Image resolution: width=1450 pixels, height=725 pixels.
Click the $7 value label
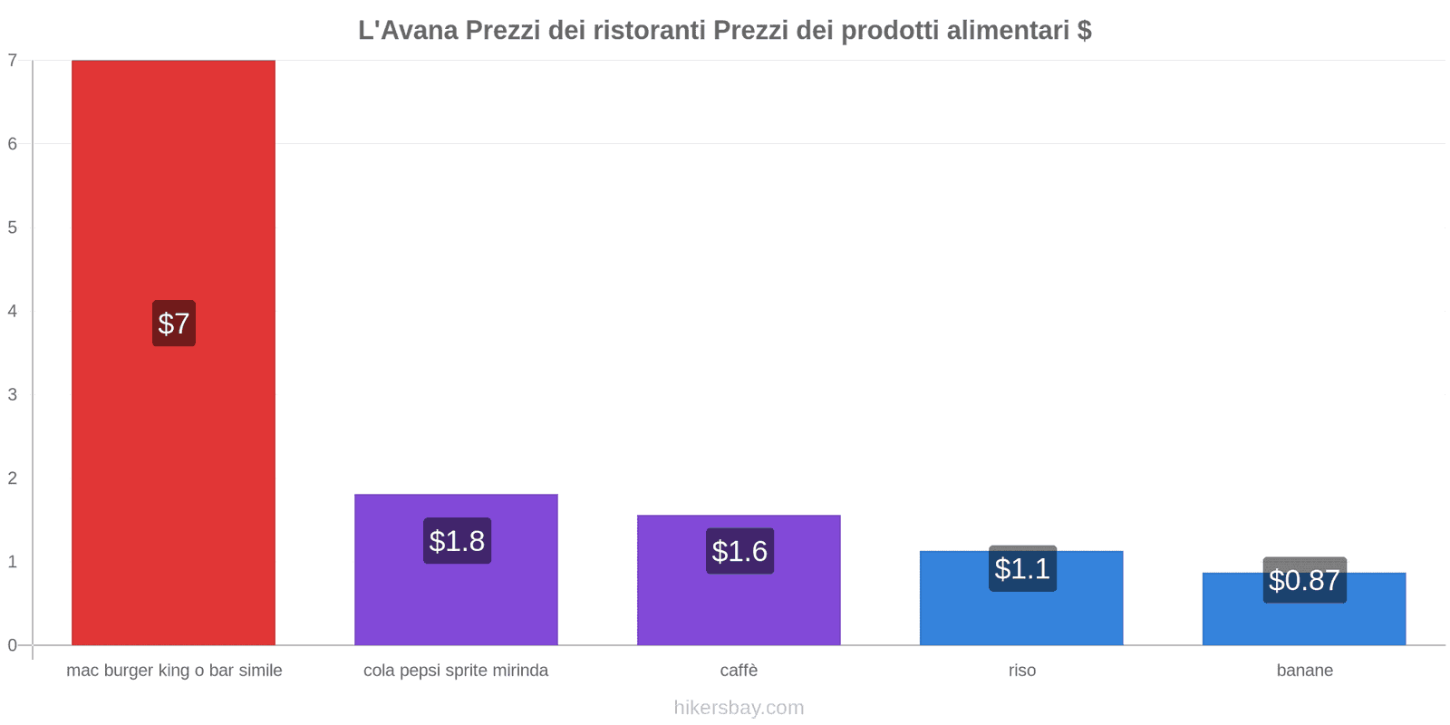pos(173,324)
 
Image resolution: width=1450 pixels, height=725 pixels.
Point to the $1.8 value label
pos(457,541)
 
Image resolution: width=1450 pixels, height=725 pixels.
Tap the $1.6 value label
pos(739,551)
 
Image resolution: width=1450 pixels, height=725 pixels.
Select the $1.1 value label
pos(1022,569)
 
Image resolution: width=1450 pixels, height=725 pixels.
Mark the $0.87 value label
pos(1304,580)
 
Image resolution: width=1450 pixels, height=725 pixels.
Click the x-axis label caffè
pos(739,671)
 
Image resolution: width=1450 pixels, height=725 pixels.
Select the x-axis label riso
pos(1021,671)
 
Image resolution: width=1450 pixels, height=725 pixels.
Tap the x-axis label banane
pos(1304,671)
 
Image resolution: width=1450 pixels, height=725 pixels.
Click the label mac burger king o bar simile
pos(174,671)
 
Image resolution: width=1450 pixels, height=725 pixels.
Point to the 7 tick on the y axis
pos(13,61)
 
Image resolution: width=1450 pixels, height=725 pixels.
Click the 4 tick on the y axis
pos(13,311)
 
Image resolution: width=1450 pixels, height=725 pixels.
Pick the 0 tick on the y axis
pos(13,645)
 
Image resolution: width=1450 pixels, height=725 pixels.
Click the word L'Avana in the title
pos(408,31)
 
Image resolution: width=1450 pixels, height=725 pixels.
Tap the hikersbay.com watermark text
pos(739,708)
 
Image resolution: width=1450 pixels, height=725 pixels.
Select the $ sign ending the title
pos(1084,31)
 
